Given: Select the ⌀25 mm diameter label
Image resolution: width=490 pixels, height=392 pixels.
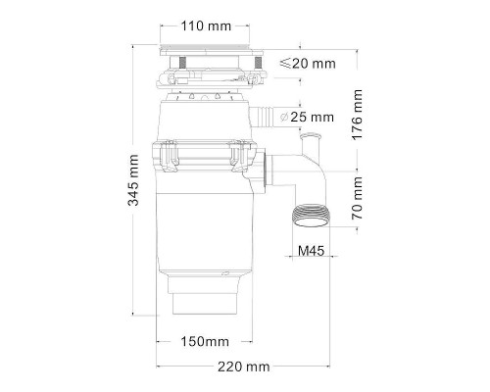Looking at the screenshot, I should coord(307,118).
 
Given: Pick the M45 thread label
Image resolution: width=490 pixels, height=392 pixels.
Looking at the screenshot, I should coord(311,252).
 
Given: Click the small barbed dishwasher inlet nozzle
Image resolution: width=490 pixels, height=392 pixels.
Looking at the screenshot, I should coord(262,118).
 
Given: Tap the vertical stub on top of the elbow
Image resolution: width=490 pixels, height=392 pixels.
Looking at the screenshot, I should coord(310,150).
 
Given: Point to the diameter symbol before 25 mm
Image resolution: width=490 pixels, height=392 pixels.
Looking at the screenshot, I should coord(283,118).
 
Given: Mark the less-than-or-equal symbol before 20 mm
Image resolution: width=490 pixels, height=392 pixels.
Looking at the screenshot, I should coord(283,64).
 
